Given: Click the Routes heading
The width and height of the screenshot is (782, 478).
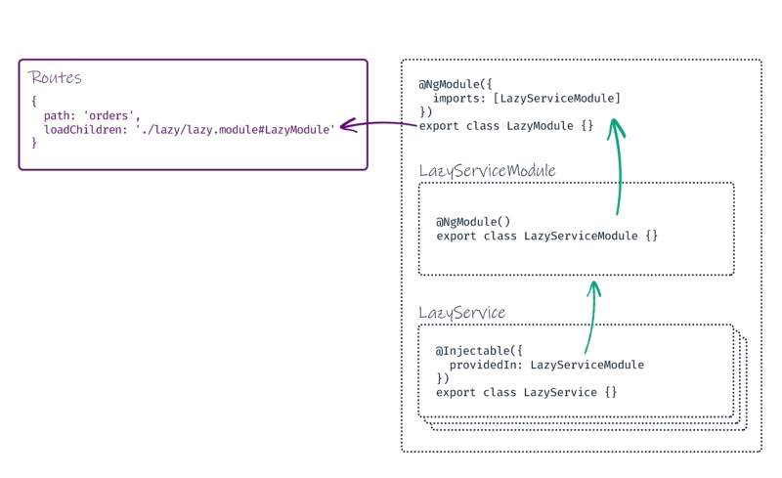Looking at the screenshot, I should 56,77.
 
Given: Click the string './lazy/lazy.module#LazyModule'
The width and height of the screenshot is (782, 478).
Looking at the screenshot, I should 235,128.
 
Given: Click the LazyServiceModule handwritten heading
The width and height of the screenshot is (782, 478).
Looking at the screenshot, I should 487,171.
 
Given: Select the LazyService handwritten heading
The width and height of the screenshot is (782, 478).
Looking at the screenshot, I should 461,313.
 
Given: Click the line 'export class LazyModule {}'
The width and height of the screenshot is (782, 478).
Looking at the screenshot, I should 505,126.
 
